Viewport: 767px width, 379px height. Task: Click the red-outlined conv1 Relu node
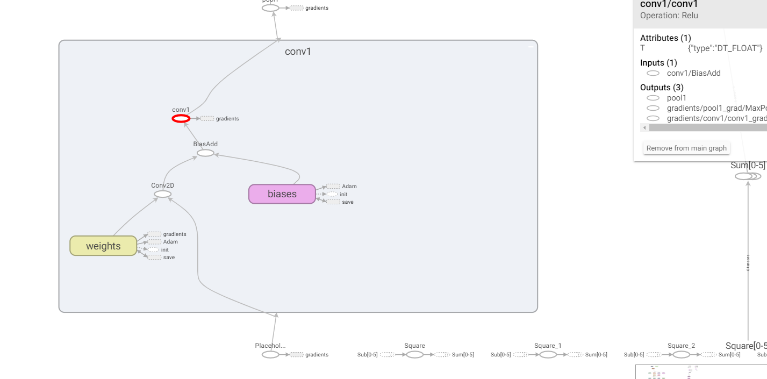click(181, 119)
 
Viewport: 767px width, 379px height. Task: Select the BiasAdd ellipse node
click(205, 153)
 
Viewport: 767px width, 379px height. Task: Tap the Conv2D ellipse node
click(162, 194)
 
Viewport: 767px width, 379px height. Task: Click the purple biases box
click(282, 194)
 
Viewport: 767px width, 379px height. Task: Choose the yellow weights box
click(103, 246)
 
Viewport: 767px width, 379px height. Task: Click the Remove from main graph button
click(686, 148)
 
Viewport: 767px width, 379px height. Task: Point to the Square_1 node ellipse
click(548, 355)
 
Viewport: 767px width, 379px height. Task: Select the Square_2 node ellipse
click(681, 355)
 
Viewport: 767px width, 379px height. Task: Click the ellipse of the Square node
click(414, 355)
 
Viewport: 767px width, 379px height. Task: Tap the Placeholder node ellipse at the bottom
click(270, 355)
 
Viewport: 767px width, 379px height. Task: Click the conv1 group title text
click(298, 52)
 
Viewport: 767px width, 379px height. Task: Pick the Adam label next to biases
click(349, 187)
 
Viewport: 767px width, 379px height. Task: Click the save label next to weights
click(169, 258)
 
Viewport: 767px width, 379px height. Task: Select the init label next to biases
click(343, 194)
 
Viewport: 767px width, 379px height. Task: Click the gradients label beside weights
click(175, 234)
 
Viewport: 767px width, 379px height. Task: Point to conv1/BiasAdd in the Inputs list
click(693, 73)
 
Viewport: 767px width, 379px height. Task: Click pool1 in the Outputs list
click(677, 98)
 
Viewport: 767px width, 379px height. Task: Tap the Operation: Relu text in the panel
click(669, 16)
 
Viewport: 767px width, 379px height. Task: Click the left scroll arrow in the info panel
click(644, 128)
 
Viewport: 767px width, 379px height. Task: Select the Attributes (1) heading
click(665, 38)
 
